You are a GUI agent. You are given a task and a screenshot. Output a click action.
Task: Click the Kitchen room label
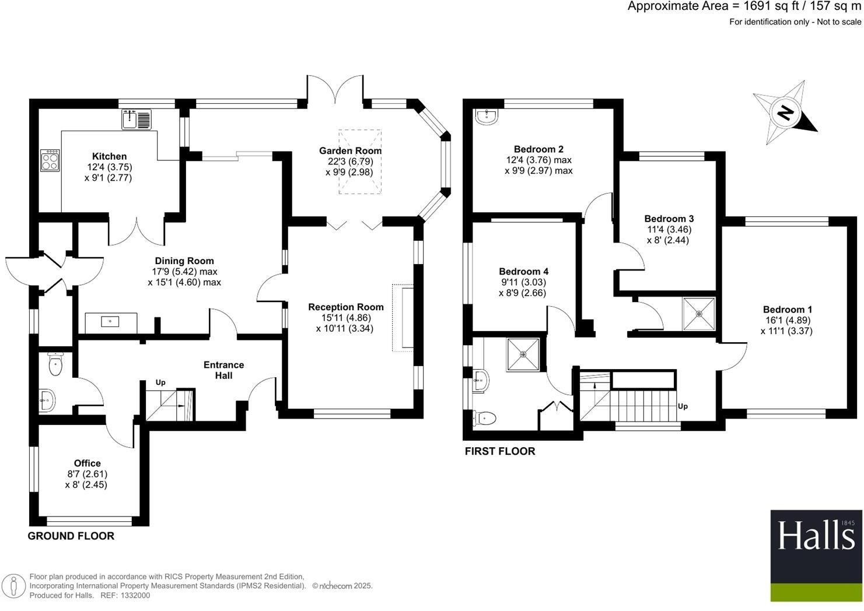[109, 156]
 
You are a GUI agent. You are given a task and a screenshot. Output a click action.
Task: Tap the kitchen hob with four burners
[50, 160]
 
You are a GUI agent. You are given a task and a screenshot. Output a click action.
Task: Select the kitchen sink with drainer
[137, 119]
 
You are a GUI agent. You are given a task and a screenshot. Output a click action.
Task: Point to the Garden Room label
[350, 151]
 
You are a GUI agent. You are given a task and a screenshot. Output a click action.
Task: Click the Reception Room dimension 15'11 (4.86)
[346, 318]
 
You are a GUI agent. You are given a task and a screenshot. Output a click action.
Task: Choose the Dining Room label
[184, 261]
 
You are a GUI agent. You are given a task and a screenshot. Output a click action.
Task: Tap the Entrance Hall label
[223, 370]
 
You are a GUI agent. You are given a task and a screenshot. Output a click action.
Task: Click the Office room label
[87, 463]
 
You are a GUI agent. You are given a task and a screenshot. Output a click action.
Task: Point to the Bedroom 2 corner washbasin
[487, 117]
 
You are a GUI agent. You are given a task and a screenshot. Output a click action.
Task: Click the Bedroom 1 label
[787, 309]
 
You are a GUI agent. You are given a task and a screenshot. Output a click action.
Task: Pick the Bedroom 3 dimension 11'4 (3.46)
[669, 229]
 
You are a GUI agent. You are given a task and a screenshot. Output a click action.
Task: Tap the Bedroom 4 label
[523, 271]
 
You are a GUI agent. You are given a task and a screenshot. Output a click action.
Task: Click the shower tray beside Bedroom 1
[699, 314]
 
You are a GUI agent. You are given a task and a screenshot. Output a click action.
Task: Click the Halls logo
[816, 556]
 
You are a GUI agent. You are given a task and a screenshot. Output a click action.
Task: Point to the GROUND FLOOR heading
[71, 536]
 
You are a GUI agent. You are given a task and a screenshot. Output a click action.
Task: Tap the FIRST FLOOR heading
[500, 451]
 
